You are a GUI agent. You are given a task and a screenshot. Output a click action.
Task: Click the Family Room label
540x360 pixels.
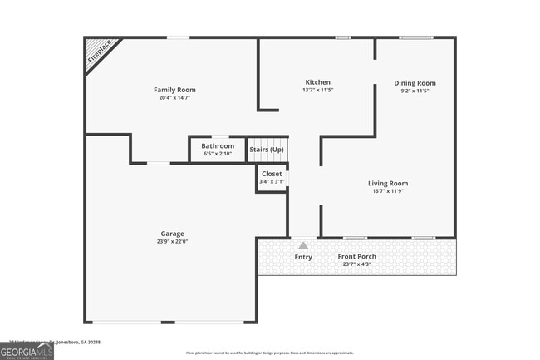pyautogui.click(x=174, y=90)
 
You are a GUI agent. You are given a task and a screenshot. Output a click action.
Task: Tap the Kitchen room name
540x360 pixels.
pyautogui.click(x=318, y=82)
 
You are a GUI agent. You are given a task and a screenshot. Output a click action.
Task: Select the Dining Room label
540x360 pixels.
pyautogui.click(x=415, y=83)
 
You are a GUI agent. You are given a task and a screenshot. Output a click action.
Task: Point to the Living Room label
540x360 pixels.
pyautogui.click(x=388, y=183)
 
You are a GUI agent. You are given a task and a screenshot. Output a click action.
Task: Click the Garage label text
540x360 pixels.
pyautogui.click(x=173, y=234)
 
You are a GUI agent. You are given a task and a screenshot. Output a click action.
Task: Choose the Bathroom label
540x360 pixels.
pyautogui.click(x=218, y=146)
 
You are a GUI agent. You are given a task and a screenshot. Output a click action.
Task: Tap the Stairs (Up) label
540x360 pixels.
pyautogui.click(x=267, y=150)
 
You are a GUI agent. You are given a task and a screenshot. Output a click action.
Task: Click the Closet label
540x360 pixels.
pyautogui.click(x=272, y=174)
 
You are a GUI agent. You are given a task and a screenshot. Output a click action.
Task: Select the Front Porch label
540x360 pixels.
pyautogui.click(x=356, y=256)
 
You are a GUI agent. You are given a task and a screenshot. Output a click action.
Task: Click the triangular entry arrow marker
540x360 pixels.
pyautogui.click(x=303, y=245)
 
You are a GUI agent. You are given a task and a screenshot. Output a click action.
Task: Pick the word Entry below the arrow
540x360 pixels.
pyautogui.click(x=303, y=257)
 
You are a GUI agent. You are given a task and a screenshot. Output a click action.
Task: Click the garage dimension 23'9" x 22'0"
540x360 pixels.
pyautogui.click(x=173, y=242)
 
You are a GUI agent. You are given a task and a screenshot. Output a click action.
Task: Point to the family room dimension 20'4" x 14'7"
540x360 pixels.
pyautogui.click(x=174, y=98)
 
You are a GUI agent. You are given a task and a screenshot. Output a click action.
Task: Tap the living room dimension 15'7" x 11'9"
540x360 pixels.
pyautogui.click(x=388, y=191)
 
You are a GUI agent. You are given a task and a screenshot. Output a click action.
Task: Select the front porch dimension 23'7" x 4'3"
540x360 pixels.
pyautogui.click(x=356, y=264)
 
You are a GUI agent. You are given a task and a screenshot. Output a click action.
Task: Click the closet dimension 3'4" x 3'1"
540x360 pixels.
pyautogui.click(x=272, y=181)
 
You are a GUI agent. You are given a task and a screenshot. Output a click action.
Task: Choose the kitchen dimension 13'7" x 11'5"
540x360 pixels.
pyautogui.click(x=318, y=91)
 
